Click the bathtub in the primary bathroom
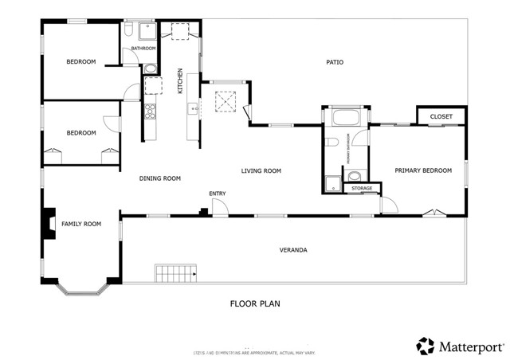click(344, 119)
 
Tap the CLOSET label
click(441, 117)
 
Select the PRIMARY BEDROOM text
click(423, 170)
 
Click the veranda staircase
click(175, 275)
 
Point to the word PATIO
click(335, 62)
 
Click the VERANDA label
click(292, 250)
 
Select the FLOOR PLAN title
click(254, 303)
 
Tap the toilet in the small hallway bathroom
click(128, 30)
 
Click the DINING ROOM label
click(160, 178)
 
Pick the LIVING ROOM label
click(261, 170)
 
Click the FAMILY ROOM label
click(81, 224)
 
